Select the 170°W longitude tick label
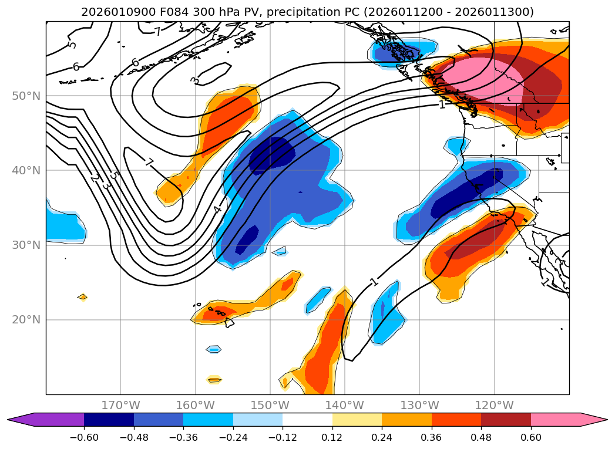[x=120, y=405]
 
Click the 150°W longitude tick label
[x=270, y=405]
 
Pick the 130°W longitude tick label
[x=419, y=405]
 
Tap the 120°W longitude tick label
[x=494, y=405]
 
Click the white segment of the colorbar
[x=307, y=420]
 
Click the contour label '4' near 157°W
[x=217, y=210]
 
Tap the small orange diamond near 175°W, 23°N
[x=82, y=297]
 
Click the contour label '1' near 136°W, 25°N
[x=375, y=282]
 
